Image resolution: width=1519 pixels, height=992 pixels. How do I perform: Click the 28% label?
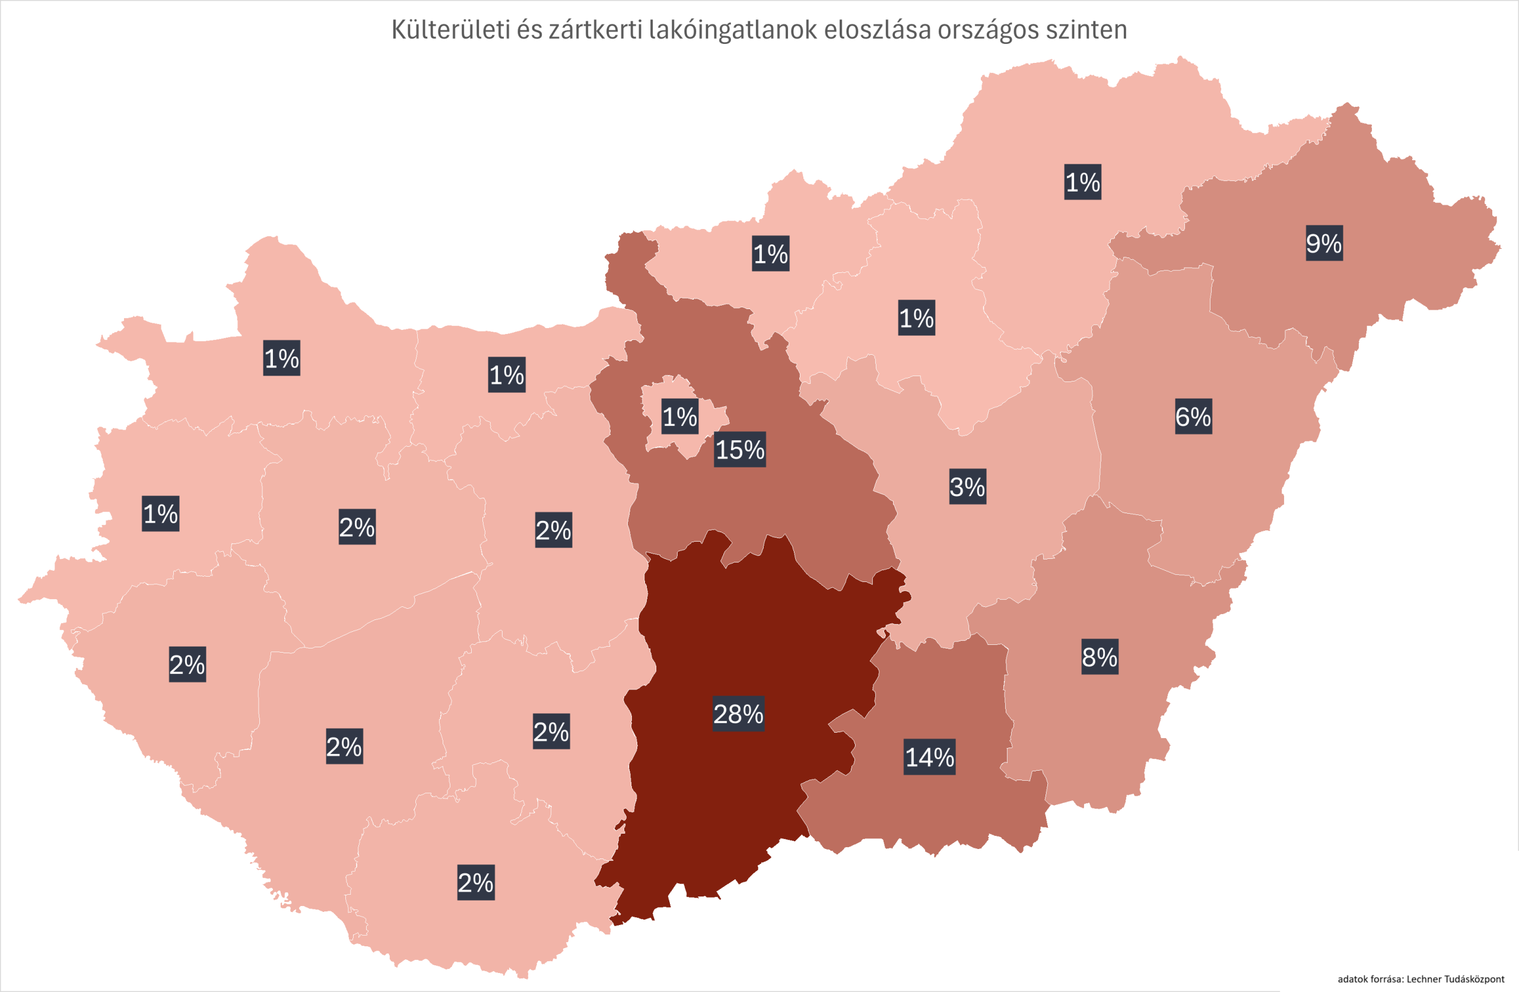click(739, 714)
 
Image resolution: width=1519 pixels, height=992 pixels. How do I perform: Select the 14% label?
click(929, 758)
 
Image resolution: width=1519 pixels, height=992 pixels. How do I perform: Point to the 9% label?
click(1324, 243)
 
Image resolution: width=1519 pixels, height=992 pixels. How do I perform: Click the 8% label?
click(1099, 657)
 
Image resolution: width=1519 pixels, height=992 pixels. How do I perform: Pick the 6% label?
click(1193, 417)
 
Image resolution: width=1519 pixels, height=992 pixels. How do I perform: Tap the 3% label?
click(968, 487)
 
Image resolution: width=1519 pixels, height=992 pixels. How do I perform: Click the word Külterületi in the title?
click(450, 30)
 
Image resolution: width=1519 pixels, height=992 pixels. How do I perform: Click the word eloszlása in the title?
click(877, 30)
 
